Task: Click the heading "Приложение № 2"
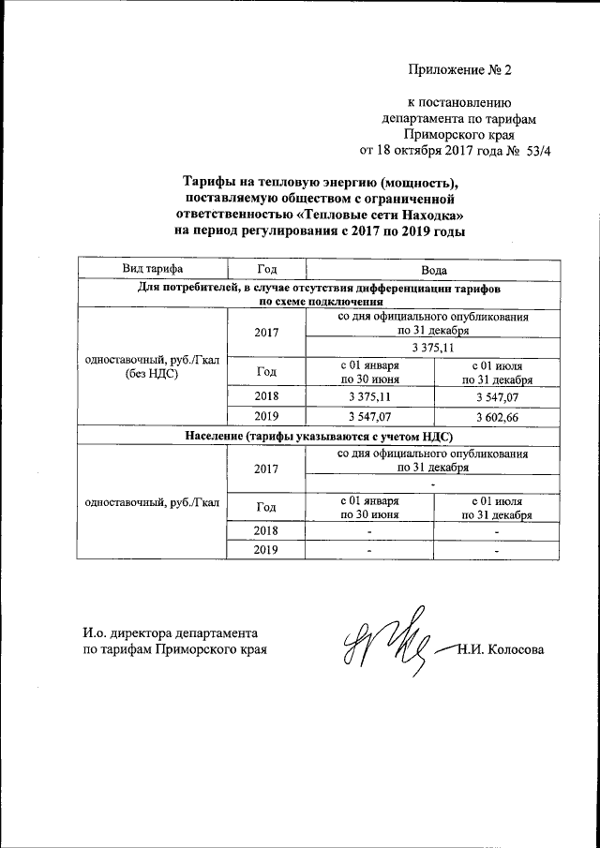tap(461, 69)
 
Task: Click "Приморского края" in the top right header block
tap(460, 133)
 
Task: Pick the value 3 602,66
tap(497, 415)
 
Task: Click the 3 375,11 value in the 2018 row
tap(369, 395)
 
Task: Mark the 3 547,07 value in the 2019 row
tap(369, 415)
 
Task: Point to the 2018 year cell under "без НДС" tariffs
tap(266, 395)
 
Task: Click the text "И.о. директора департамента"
tap(170, 632)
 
